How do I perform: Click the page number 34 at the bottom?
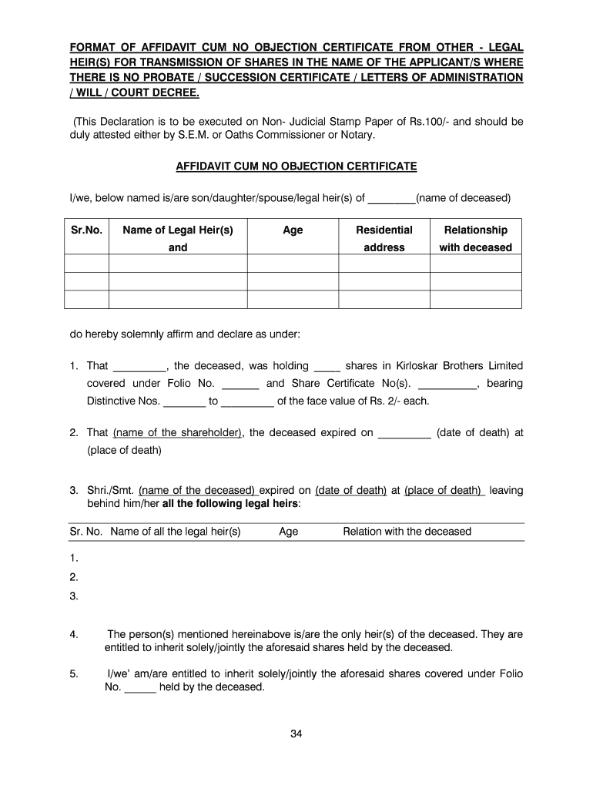point(296,734)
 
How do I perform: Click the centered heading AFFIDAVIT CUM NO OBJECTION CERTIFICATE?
point(296,166)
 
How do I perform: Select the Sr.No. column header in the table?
point(86,230)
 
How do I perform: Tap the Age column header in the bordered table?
point(293,230)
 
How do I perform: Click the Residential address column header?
point(384,238)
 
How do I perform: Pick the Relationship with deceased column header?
point(475,238)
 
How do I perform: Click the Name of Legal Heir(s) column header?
point(178,230)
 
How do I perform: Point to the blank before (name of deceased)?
point(391,199)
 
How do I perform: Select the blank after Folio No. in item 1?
point(240,384)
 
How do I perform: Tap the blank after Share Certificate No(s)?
point(447,384)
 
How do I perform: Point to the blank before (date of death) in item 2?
point(405,433)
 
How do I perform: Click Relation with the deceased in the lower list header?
point(407,532)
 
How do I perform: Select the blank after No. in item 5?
point(140,688)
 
